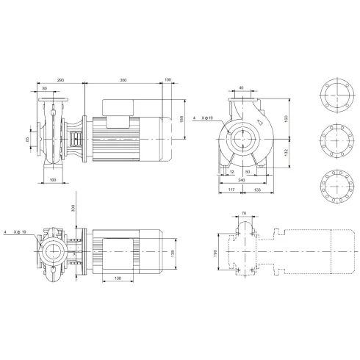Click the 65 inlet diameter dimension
point(29,137)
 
